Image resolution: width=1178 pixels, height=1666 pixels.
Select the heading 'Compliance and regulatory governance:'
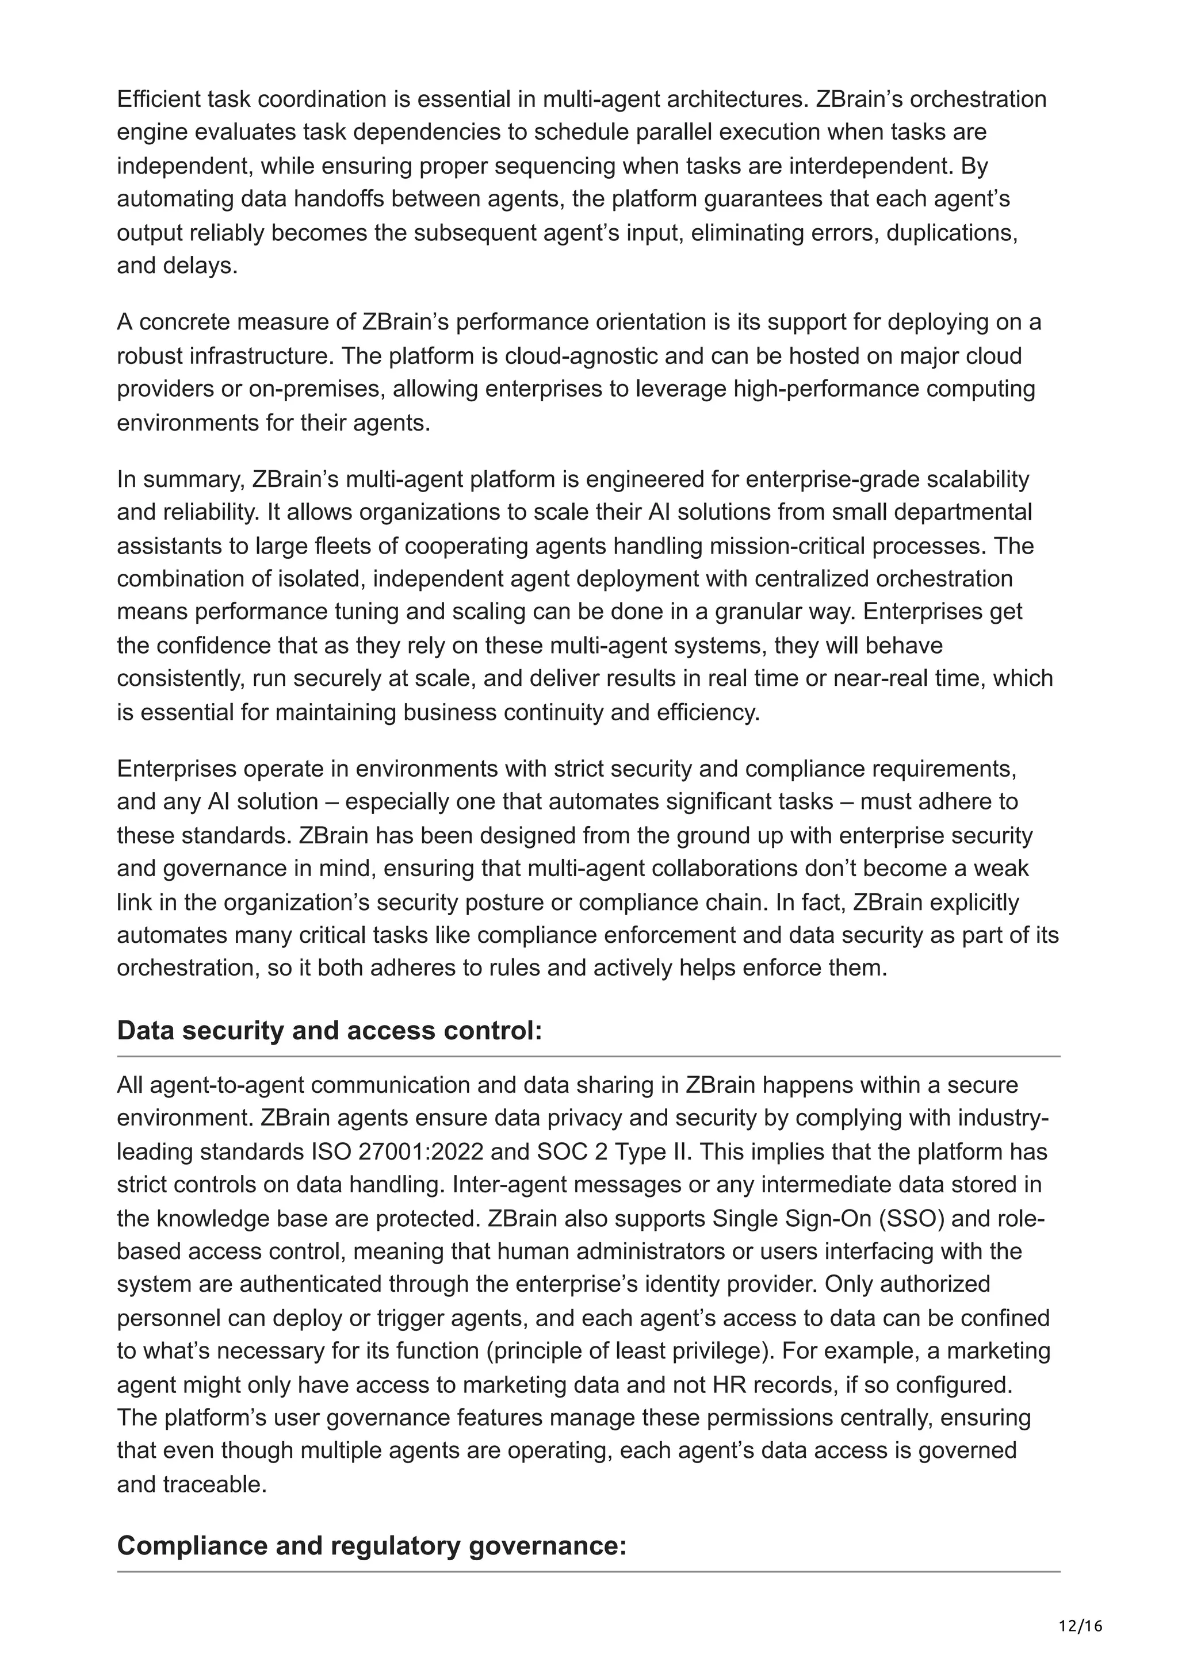click(x=371, y=1545)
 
